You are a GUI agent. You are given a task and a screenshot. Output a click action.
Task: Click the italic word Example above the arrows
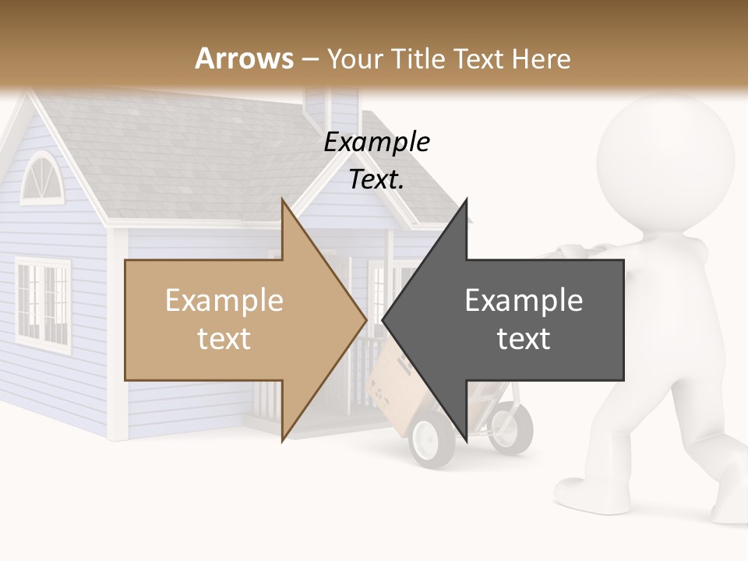pos(377,142)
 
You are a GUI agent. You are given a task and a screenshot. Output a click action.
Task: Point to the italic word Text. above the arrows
pos(377,179)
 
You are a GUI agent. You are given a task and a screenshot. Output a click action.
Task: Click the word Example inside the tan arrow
pos(224,300)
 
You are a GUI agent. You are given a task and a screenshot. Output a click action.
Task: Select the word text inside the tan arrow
pos(224,338)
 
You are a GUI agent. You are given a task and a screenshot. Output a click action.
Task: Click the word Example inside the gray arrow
pos(524,300)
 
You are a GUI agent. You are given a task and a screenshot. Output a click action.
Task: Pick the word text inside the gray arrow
pos(524,338)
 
